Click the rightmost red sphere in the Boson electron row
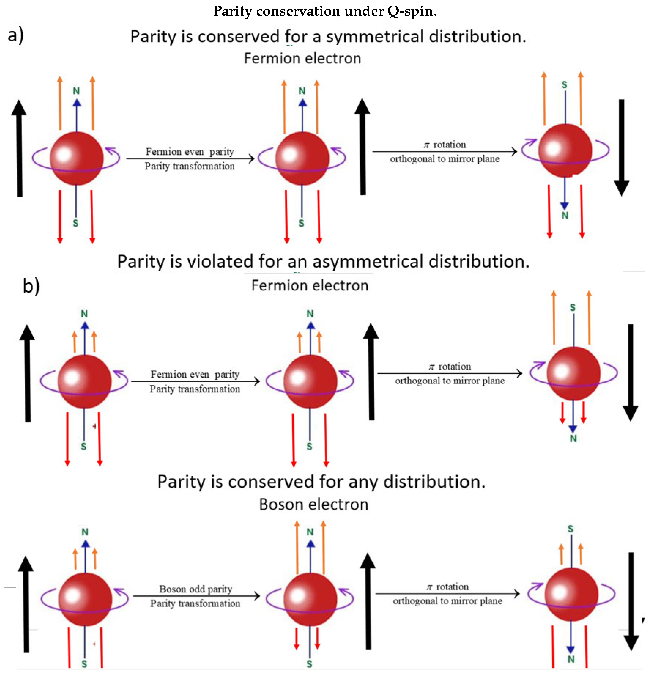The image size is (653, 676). [x=571, y=594]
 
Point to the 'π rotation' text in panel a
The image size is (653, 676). [x=445, y=145]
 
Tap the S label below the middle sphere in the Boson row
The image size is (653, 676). [x=309, y=664]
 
